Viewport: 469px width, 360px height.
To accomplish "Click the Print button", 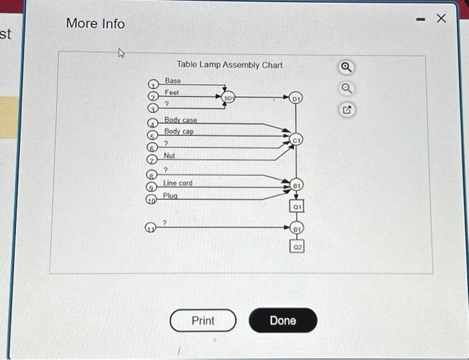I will (x=203, y=320).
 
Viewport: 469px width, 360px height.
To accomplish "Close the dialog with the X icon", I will (x=440, y=19).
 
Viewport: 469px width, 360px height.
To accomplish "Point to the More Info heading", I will (x=95, y=23).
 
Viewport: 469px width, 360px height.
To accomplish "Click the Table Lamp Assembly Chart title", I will (x=229, y=65).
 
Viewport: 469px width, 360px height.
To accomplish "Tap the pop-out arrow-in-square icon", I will (x=346, y=109).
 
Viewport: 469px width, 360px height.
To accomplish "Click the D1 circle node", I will (x=297, y=99).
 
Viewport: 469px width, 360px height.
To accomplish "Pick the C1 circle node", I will (x=297, y=140).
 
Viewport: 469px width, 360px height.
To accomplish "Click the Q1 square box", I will (x=297, y=208).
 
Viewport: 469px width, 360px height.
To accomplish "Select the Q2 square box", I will (x=297, y=247).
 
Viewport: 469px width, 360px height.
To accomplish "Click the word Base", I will (x=173, y=80).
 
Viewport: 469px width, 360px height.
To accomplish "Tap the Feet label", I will (x=172, y=93).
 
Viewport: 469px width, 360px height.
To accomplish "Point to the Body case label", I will (x=181, y=120).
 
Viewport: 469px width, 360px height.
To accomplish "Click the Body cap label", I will (x=179, y=131).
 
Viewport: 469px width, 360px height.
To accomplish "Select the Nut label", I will (x=170, y=156).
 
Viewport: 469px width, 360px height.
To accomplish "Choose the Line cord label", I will (x=178, y=183).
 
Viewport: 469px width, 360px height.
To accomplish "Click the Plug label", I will (x=171, y=196).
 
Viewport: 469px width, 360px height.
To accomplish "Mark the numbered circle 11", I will (x=152, y=227).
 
